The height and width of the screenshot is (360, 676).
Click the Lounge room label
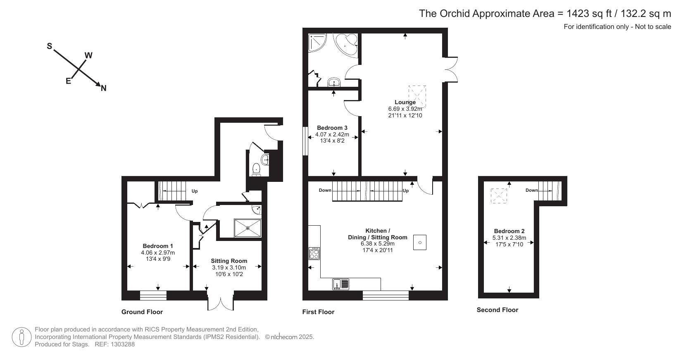405,102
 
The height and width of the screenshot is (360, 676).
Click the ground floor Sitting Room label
229,261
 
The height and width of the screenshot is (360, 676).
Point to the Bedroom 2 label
509,231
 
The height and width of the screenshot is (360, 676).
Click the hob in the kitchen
314,253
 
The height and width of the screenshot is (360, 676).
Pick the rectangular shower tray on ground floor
248,228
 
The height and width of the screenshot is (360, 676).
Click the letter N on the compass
104,88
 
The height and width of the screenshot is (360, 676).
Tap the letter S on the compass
49,46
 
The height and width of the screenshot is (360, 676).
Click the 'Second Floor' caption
497,310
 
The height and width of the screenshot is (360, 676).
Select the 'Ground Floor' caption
142,312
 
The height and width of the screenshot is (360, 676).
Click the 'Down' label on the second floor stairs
531,190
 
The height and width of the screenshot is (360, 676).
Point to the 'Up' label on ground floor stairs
195,191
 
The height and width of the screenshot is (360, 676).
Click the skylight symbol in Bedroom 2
499,195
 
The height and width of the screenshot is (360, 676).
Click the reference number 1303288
121,344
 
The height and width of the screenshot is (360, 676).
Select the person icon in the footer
22,337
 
